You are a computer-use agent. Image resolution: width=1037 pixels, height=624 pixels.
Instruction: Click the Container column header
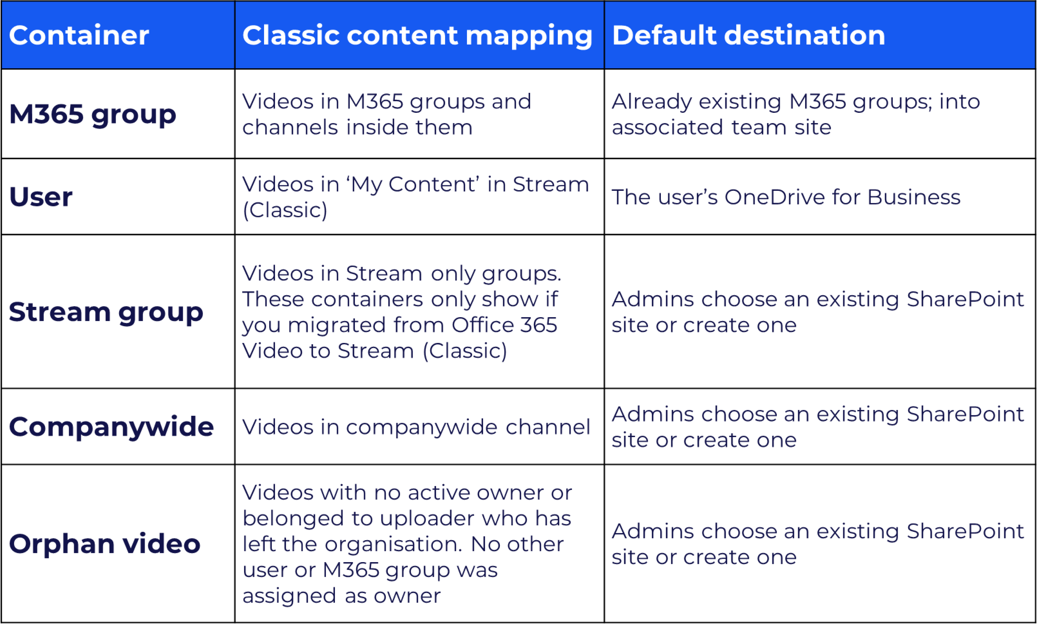[x=79, y=35]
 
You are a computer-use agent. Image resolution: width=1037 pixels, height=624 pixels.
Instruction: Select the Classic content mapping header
[x=417, y=35]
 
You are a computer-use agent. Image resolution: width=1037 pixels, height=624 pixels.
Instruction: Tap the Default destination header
[x=748, y=35]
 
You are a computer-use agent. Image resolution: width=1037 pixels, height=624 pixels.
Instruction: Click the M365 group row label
[x=92, y=115]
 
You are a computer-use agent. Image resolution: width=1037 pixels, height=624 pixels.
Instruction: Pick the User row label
[x=41, y=197]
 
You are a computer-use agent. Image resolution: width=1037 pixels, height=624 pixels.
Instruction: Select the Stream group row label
[x=106, y=312]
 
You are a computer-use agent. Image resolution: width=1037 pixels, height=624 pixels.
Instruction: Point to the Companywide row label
[x=111, y=427]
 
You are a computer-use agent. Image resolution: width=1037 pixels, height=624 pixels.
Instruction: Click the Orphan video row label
[x=105, y=544]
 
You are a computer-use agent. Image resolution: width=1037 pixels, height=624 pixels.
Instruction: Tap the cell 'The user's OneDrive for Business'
[x=786, y=197]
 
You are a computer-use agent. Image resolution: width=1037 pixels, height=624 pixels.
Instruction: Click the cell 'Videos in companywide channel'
[x=416, y=427]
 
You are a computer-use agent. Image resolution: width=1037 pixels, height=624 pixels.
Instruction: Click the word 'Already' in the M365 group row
[x=651, y=102]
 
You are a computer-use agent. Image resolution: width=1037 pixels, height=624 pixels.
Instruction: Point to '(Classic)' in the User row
[x=285, y=210]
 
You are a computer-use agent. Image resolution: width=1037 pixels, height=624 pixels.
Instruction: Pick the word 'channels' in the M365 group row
[x=290, y=128]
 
